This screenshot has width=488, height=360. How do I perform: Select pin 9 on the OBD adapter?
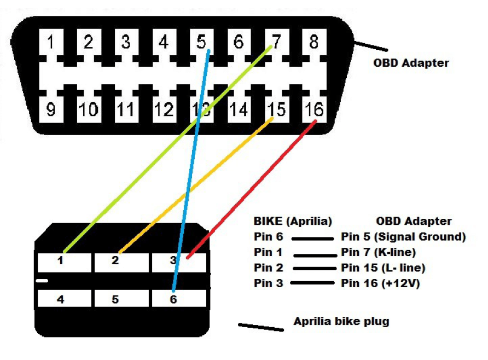point(51,110)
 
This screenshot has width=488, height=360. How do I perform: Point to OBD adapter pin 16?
point(313,110)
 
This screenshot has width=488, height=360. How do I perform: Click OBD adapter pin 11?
point(126,110)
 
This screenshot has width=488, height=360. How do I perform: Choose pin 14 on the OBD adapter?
point(238,110)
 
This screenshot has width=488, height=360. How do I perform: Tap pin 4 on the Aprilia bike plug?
point(60,299)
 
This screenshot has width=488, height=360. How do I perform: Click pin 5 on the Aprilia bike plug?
point(115,299)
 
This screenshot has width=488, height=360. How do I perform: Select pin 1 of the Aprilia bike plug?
point(60,261)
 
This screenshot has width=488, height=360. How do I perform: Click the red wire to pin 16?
point(252,189)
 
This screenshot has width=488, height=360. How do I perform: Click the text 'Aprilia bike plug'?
point(341,321)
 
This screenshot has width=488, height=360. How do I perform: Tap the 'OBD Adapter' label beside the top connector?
point(411,62)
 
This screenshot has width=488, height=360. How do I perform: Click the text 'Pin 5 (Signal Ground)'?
point(403,237)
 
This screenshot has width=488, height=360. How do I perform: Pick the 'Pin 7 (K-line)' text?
point(378,253)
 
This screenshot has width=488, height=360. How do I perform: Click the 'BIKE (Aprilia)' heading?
point(293,222)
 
